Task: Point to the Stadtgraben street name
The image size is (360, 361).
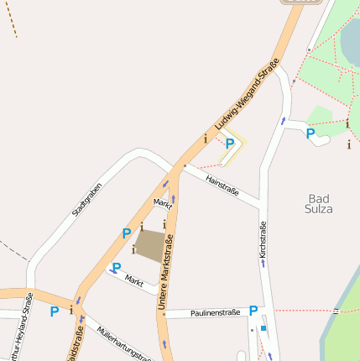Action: click(x=87, y=200)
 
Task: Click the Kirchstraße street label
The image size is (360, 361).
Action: click(x=263, y=238)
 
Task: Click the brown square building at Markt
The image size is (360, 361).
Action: click(x=150, y=245)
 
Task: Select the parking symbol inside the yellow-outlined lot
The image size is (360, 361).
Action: click(x=229, y=144)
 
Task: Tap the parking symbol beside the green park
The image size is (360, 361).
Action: click(x=310, y=133)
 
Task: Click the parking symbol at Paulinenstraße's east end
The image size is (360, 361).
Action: click(x=253, y=311)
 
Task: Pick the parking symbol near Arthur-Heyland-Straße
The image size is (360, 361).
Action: click(x=55, y=311)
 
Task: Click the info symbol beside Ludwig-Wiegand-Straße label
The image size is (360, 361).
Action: click(x=205, y=139)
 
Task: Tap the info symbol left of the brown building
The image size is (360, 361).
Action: click(x=134, y=249)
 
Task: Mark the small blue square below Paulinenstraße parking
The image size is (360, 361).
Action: click(x=263, y=328)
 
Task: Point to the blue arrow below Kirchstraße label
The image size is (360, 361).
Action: click(x=263, y=263)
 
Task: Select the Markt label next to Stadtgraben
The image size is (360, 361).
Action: click(x=163, y=203)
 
